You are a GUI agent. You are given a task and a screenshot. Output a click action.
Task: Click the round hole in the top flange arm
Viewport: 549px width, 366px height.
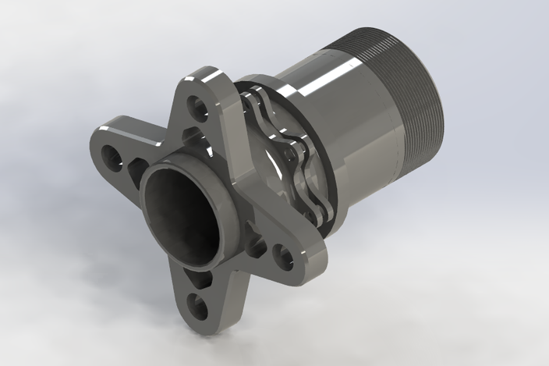coord(205,103)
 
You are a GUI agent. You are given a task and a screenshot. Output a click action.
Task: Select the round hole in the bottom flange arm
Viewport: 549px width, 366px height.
coord(200,307)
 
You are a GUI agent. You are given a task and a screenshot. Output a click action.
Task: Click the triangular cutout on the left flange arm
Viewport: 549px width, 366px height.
coord(138,169)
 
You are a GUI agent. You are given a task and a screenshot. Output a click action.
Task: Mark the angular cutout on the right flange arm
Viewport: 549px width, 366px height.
coord(257,247)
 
